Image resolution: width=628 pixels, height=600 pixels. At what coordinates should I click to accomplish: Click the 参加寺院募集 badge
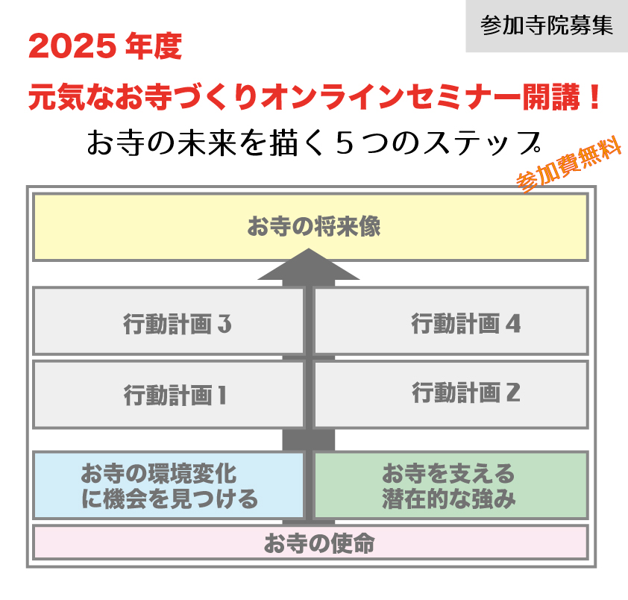[547, 26]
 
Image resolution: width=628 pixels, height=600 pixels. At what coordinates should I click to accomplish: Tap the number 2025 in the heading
[72, 49]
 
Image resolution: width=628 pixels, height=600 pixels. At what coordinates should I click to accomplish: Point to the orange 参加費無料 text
[569, 167]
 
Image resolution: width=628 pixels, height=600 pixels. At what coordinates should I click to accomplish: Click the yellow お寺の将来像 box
[310, 227]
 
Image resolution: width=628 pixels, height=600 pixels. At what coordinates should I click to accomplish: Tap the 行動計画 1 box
[169, 394]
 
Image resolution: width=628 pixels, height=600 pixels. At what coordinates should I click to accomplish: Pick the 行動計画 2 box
[450, 393]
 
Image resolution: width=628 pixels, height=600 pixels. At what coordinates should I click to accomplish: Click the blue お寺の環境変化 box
[169, 485]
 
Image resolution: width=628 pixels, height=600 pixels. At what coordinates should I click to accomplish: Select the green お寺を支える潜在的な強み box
[450, 485]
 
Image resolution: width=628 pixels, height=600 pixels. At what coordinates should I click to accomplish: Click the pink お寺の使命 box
[310, 543]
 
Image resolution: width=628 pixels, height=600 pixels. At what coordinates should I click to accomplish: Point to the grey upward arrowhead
[309, 266]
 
